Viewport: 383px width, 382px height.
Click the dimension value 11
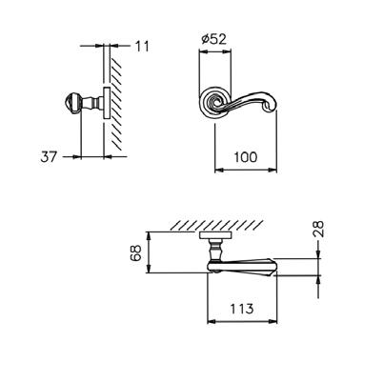[142, 47]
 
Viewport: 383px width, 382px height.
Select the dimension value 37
[49, 156]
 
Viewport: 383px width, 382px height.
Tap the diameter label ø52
[214, 39]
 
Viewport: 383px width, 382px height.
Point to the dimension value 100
[245, 157]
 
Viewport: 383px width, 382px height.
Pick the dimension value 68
[135, 252]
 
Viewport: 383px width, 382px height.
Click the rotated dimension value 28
[318, 229]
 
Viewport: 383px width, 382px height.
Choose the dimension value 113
[241, 309]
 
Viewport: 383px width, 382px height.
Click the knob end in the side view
[71, 103]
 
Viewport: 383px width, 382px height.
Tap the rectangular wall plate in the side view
[107, 103]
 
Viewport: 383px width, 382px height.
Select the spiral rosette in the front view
[212, 101]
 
